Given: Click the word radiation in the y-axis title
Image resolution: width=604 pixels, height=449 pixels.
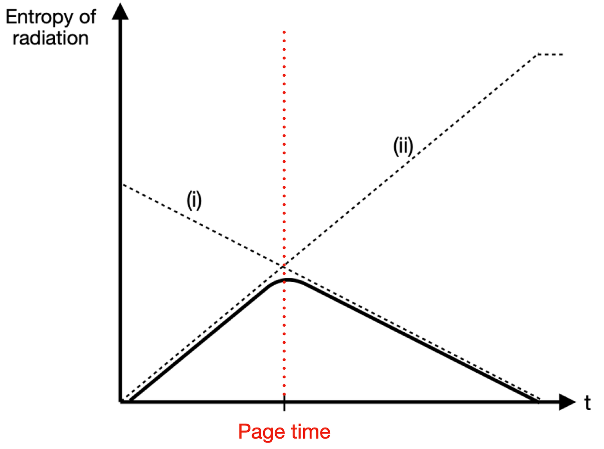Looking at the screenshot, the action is coord(50,38).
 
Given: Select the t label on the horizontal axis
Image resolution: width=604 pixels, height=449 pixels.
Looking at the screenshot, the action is coord(587,403).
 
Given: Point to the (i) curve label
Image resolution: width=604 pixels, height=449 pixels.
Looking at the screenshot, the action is coord(194,200).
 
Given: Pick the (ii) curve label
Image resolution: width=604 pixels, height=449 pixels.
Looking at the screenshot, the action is coord(403,146).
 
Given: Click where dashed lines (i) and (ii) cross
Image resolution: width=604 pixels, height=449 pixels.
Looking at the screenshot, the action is coord(284,265).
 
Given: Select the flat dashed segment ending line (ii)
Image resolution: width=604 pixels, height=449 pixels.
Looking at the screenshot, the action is coord(551,54).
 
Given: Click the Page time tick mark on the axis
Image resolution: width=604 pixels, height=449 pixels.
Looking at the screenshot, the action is coord(284,404).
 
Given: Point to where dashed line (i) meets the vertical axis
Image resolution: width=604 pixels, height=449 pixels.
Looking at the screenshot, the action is coord(123,184).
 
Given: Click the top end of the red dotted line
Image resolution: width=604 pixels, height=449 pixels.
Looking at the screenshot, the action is coord(284,32).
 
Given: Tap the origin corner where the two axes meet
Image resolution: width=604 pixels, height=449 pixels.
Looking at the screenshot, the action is coord(121,402).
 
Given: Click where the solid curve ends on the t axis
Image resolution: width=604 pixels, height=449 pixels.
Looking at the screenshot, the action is coord(538,401).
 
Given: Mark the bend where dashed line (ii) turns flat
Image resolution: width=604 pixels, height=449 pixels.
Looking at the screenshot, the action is coord(538,54).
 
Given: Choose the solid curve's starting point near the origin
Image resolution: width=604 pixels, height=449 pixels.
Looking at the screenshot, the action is coord(129,401).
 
